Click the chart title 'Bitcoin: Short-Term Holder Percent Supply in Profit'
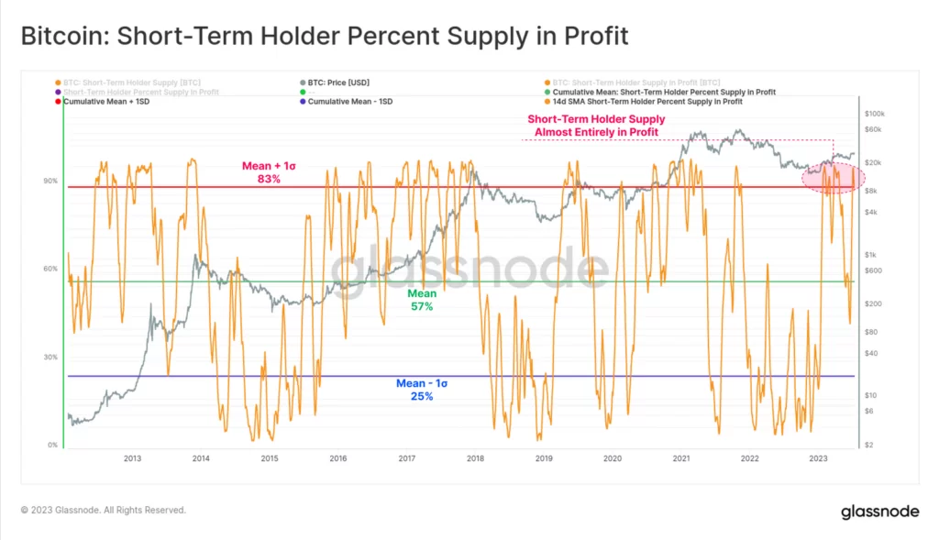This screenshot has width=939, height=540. (x=325, y=37)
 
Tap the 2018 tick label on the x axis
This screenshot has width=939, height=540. (x=475, y=457)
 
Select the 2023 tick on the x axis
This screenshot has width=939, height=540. (x=819, y=457)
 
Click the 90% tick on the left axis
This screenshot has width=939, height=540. (x=50, y=181)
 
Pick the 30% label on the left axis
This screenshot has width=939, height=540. (x=50, y=357)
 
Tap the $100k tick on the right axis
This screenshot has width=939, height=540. (x=874, y=114)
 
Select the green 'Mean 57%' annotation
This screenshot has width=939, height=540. (x=422, y=300)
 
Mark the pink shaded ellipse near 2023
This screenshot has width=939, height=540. (x=828, y=176)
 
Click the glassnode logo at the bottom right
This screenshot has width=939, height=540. (x=879, y=512)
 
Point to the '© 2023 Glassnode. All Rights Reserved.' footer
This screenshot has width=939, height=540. (x=104, y=510)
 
